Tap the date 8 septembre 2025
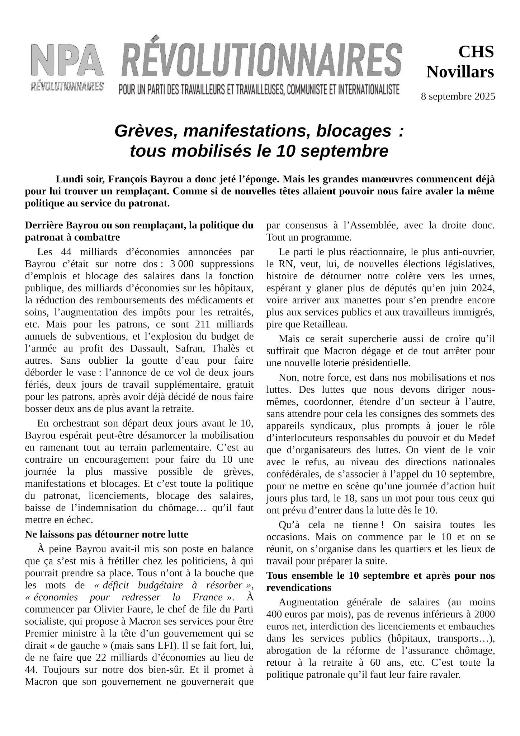coord(458,96)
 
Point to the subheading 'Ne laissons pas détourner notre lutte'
coord(107,534)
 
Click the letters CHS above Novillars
coord(476,52)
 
